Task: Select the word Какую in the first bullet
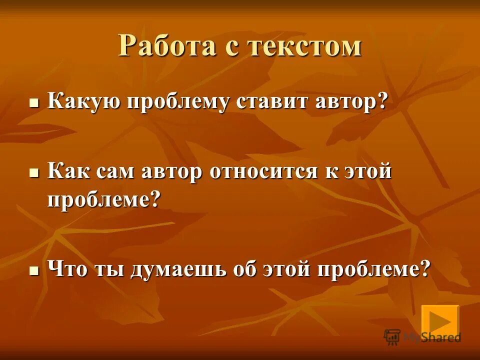pos(83,102)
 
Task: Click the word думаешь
pos(179,269)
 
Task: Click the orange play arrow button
pos(439,320)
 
